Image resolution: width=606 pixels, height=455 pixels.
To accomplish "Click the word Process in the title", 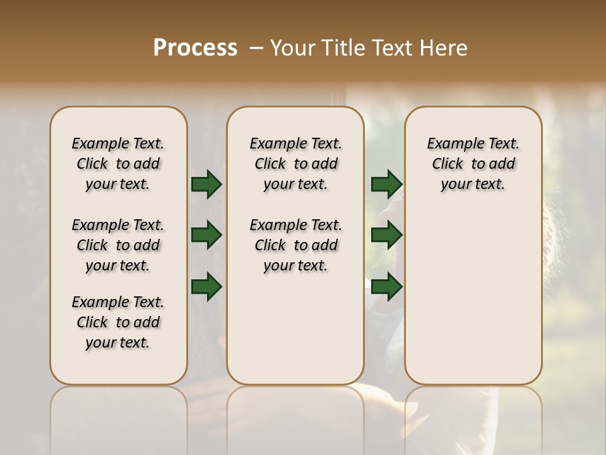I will click(195, 48).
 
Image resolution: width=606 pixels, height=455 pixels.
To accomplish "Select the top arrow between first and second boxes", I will click(206, 185).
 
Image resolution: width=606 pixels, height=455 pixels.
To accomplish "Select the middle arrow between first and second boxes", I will click(206, 236).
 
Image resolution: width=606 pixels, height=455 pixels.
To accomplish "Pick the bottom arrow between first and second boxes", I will click(206, 287).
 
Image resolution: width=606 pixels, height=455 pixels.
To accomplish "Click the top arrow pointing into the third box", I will click(386, 185).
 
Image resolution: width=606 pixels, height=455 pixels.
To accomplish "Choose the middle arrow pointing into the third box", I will click(386, 236).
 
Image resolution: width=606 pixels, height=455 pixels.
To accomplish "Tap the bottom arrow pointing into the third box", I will click(386, 287).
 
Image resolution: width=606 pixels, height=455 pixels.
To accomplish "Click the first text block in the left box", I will click(118, 164).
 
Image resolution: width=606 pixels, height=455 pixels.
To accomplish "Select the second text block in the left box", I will click(118, 245).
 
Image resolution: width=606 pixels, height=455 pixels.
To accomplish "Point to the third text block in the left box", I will click(118, 322).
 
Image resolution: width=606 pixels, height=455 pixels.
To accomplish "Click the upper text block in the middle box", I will click(295, 164).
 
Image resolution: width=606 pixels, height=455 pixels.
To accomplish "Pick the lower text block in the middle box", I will click(295, 245).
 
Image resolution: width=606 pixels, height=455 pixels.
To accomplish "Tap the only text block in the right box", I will click(473, 164).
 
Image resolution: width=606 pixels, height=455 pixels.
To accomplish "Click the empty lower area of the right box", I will click(473, 297).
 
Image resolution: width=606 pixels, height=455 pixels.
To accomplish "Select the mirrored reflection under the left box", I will click(118, 417).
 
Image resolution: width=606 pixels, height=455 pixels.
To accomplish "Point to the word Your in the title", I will click(293, 48).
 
